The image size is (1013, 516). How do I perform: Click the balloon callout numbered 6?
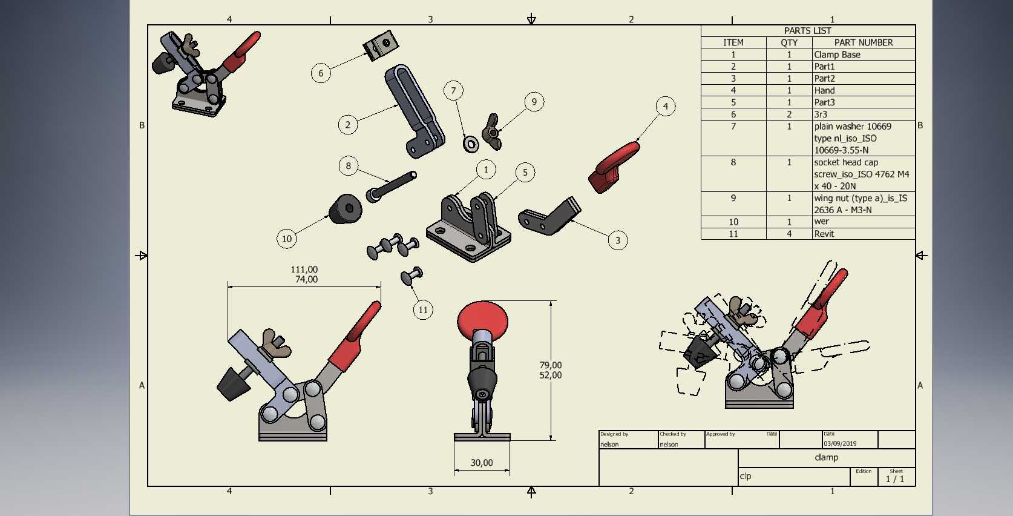pyautogui.click(x=321, y=73)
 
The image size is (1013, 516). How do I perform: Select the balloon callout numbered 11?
pyautogui.click(x=423, y=309)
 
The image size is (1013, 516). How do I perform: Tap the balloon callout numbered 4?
pyautogui.click(x=665, y=107)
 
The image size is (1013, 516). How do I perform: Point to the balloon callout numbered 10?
pyautogui.click(x=287, y=239)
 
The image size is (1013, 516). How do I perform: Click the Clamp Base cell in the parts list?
pyautogui.click(x=837, y=55)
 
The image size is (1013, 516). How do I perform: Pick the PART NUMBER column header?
pyautogui.click(x=864, y=42)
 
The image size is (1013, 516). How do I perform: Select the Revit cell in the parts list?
pyautogui.click(x=824, y=234)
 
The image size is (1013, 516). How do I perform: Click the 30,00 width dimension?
pyautogui.click(x=482, y=463)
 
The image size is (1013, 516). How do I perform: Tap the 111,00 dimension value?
pyautogui.click(x=304, y=270)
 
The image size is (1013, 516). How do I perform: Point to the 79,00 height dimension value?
pyautogui.click(x=550, y=365)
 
